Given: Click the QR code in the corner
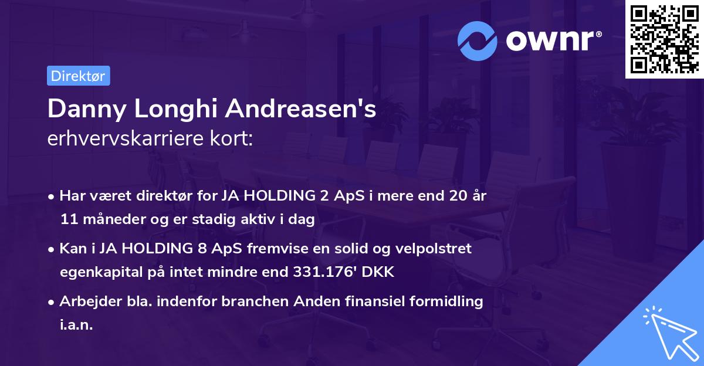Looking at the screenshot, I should tap(664, 39).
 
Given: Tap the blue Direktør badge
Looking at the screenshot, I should tap(78, 76).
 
